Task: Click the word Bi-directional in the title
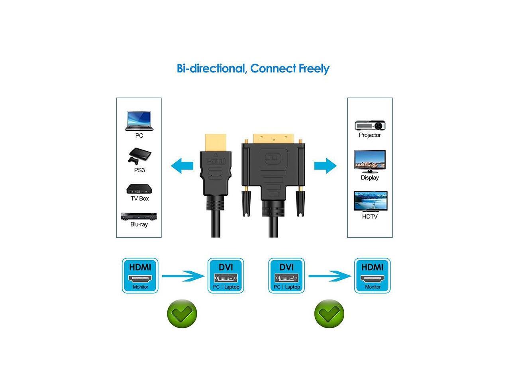(x=211, y=68)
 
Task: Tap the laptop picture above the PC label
(x=139, y=121)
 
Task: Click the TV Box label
(x=139, y=198)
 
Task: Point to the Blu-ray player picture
(x=139, y=216)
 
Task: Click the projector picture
(x=370, y=125)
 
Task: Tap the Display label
(x=370, y=177)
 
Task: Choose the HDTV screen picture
(x=370, y=201)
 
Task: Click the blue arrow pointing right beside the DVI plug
(x=325, y=166)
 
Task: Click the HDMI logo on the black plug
(x=215, y=162)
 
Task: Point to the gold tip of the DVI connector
(x=275, y=136)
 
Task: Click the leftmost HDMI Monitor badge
(x=140, y=276)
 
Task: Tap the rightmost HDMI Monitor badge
(x=373, y=276)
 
